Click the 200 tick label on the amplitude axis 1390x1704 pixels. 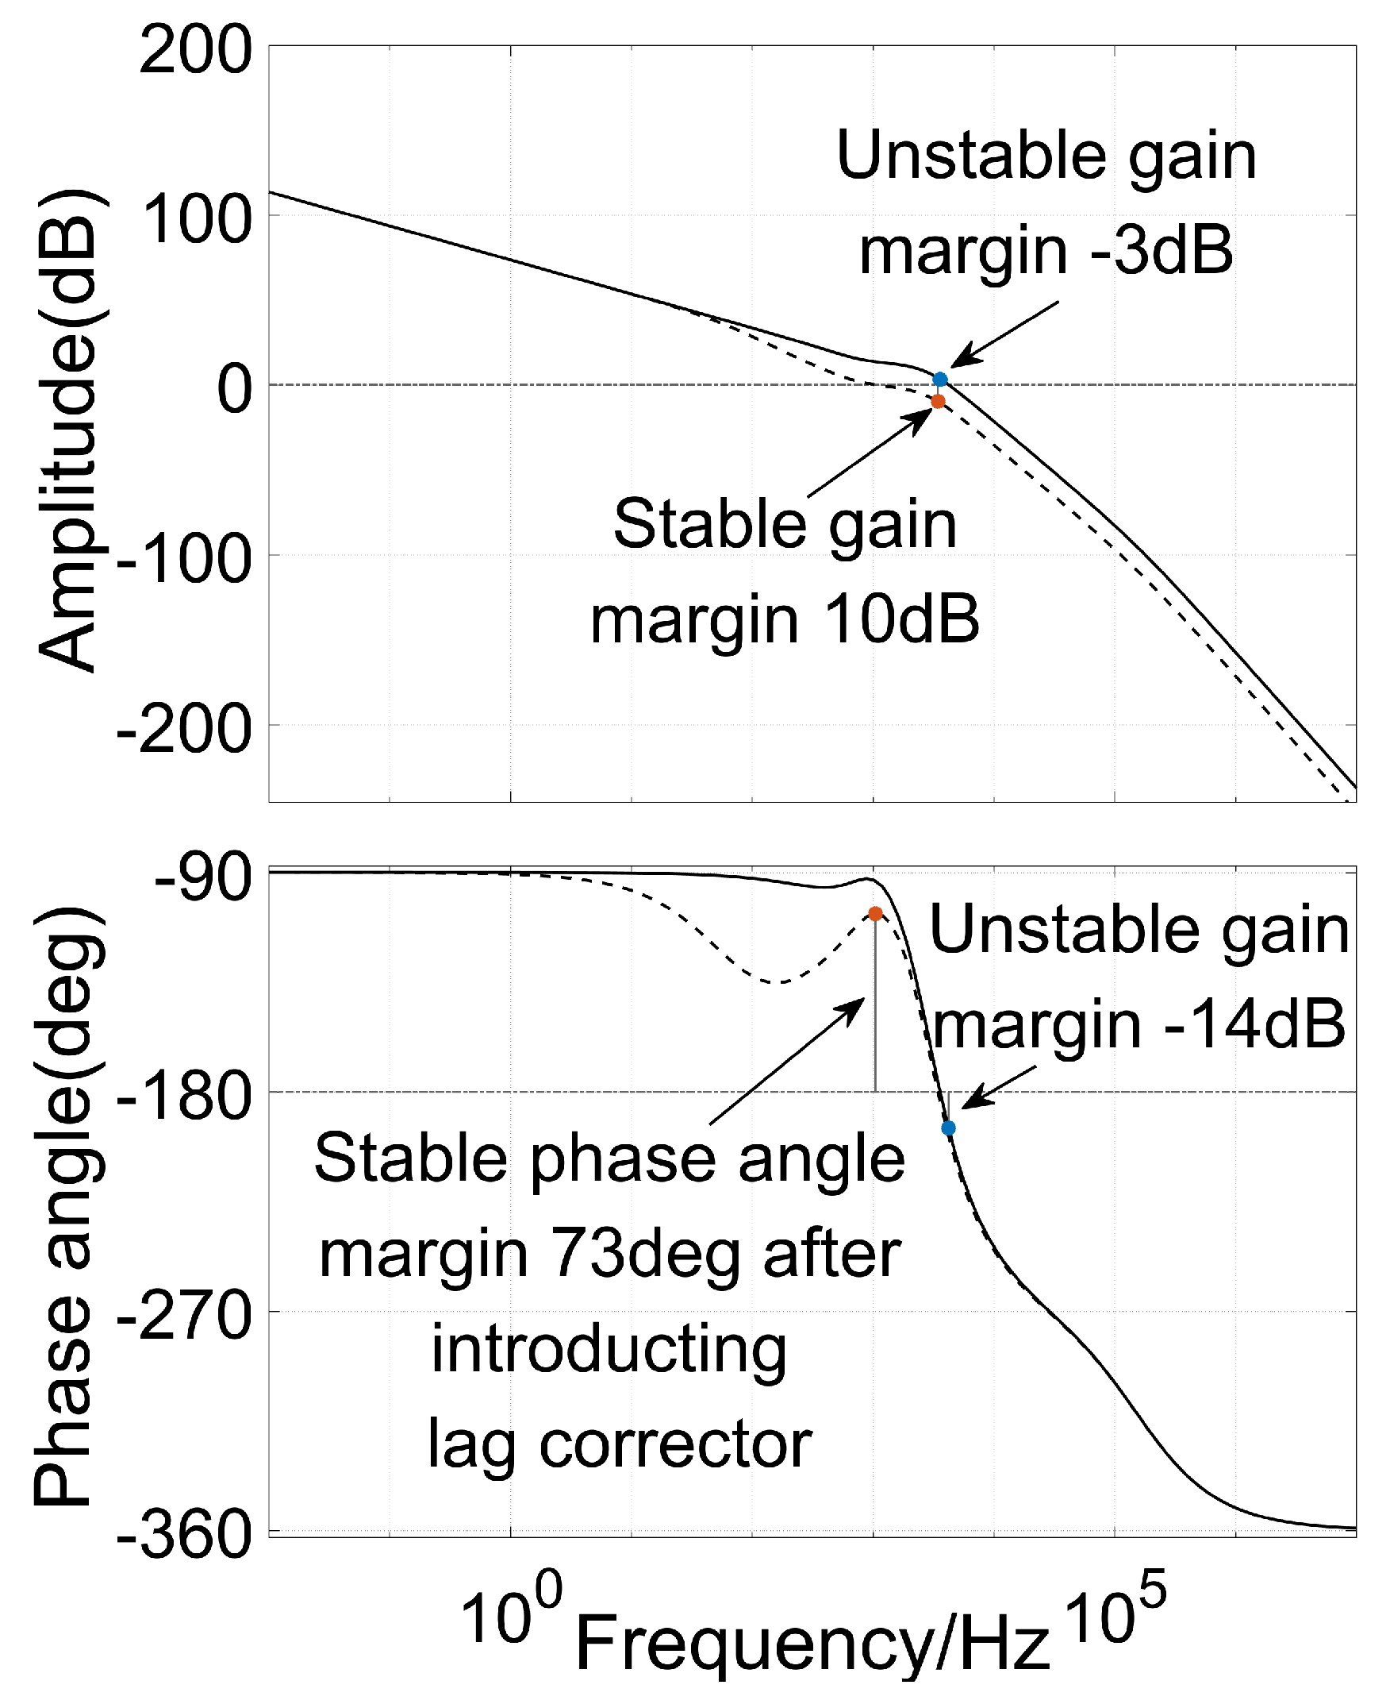point(194,52)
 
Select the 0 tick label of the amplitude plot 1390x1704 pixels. point(234,390)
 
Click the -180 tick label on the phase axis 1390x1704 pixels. point(184,1096)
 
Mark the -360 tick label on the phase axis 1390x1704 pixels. point(184,1536)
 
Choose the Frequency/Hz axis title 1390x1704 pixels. point(812,1641)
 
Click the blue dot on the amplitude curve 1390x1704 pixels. point(940,379)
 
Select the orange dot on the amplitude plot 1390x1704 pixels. point(938,401)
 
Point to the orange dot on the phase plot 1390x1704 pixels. point(875,913)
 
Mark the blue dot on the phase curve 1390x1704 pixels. point(949,1128)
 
